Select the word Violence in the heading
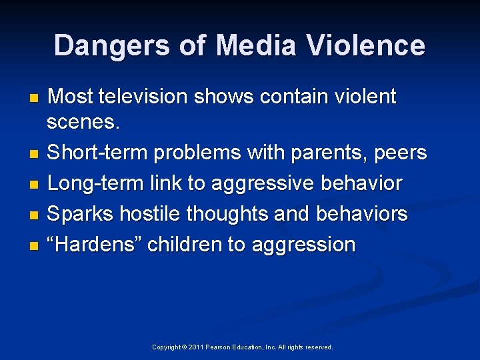(x=366, y=46)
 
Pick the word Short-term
(x=98, y=153)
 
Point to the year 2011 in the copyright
(x=196, y=347)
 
